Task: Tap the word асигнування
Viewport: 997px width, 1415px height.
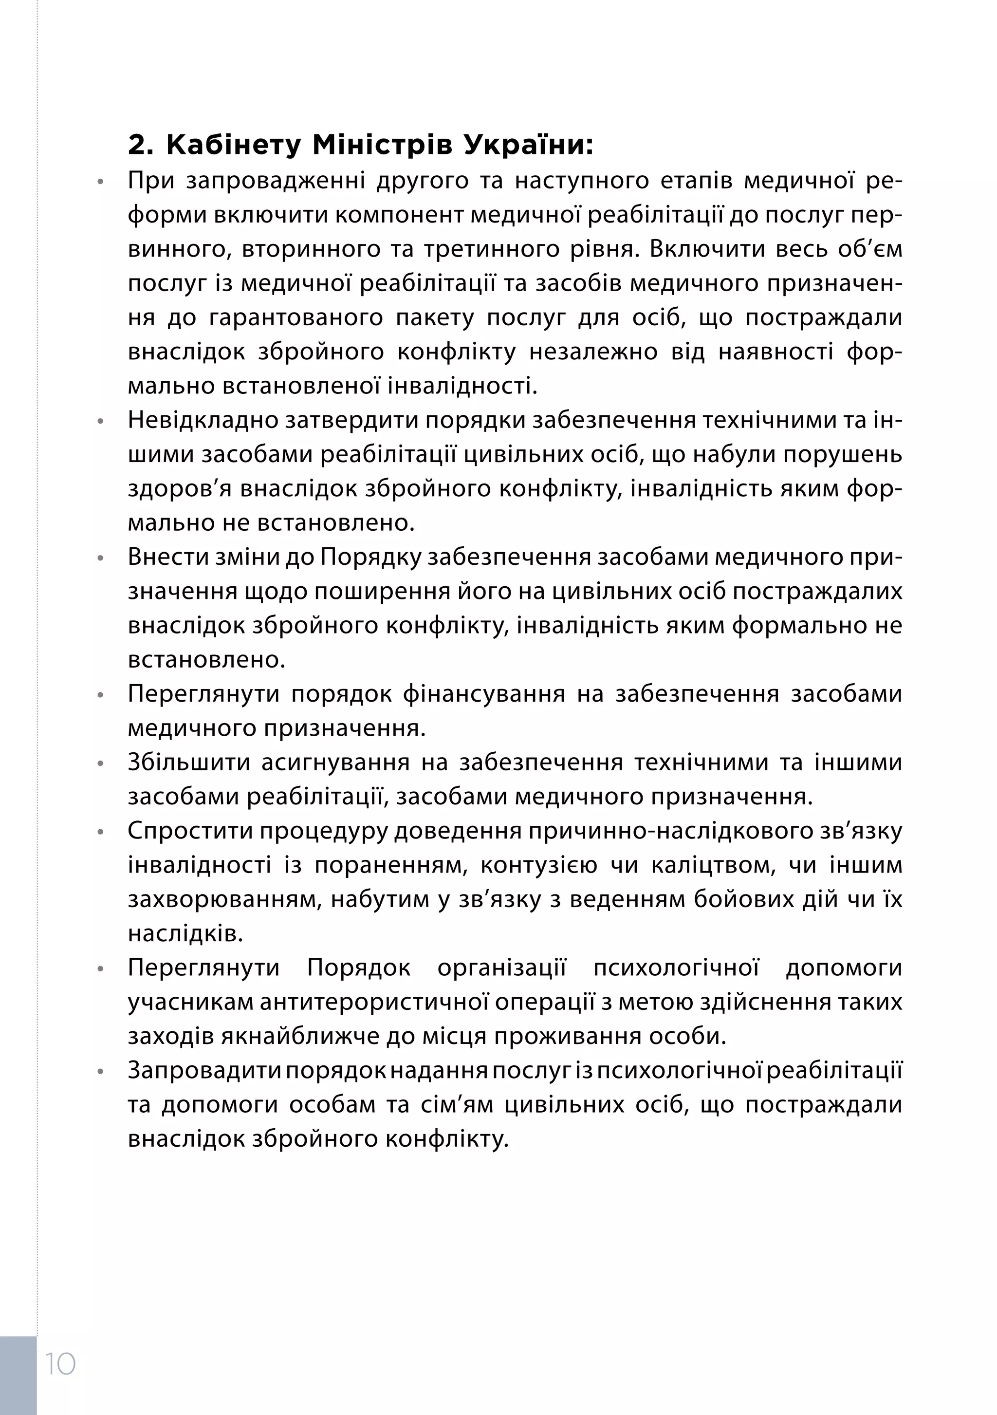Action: pos(335,763)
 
